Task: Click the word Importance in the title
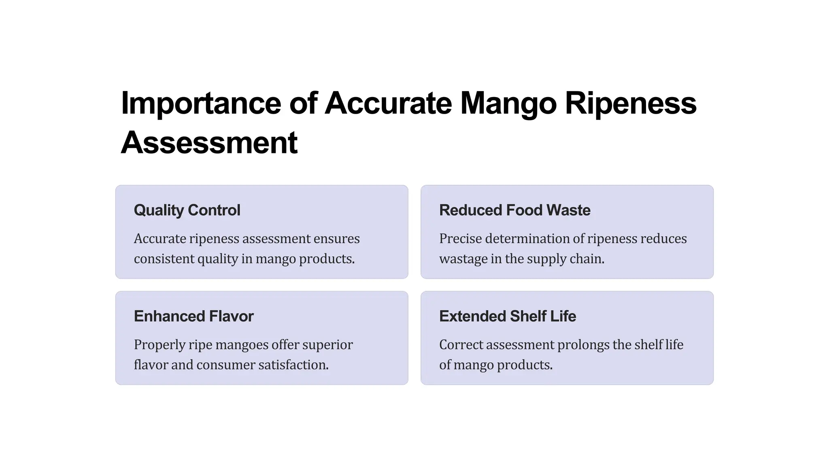(201, 104)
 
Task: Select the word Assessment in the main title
(209, 143)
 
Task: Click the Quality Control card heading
(187, 210)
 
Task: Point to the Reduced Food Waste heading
(514, 210)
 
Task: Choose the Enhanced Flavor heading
(193, 316)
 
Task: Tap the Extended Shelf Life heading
(507, 316)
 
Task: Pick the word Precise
(460, 239)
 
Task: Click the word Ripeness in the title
(630, 104)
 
